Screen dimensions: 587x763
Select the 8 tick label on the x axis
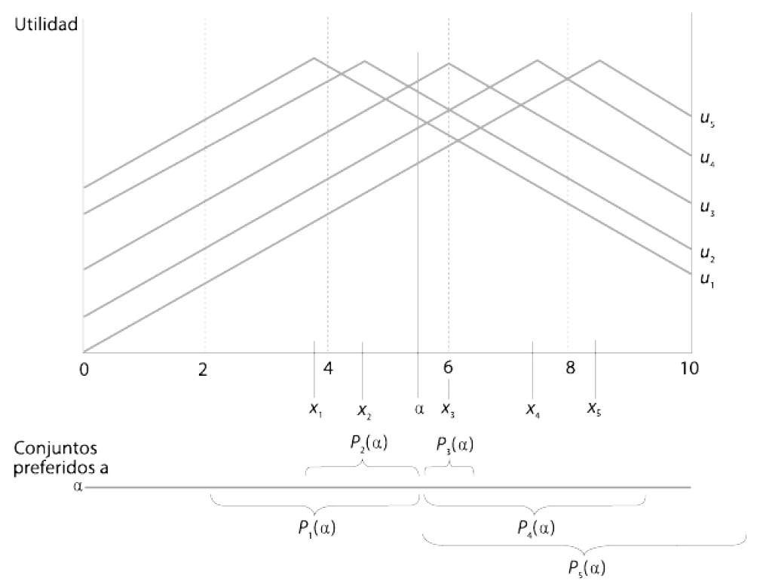pyautogui.click(x=570, y=368)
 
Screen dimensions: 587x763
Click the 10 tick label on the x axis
pyautogui.click(x=688, y=368)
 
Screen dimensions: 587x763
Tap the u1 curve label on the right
pyautogui.click(x=706, y=280)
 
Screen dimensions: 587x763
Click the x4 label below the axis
pyautogui.click(x=533, y=410)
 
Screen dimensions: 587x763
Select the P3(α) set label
pyautogui.click(x=455, y=444)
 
